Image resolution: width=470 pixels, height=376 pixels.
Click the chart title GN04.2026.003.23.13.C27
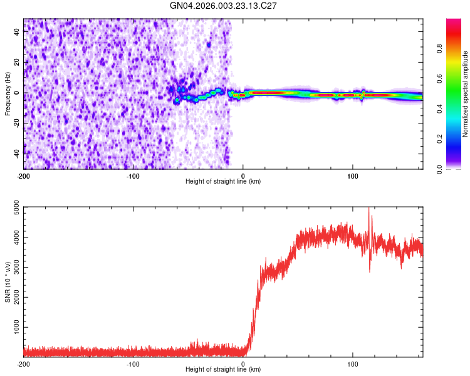[224, 6]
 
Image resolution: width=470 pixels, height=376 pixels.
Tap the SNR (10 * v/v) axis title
[8, 281]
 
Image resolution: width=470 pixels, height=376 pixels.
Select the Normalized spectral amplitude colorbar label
[466, 94]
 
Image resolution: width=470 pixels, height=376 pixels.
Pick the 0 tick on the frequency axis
[18, 93]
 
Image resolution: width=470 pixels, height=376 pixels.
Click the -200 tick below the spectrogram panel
[24, 175]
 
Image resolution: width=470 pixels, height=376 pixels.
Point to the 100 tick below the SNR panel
[352, 364]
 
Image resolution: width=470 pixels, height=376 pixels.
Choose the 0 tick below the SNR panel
[243, 364]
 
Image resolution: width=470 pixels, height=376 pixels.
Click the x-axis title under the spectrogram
[223, 182]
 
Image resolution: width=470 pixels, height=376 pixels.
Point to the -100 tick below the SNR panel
[133, 364]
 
